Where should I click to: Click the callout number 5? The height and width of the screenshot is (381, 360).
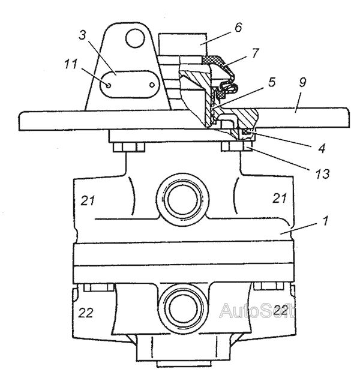[272, 82]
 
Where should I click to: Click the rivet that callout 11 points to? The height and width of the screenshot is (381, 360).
[109, 85]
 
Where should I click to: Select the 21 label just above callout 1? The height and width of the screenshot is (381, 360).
[282, 199]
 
